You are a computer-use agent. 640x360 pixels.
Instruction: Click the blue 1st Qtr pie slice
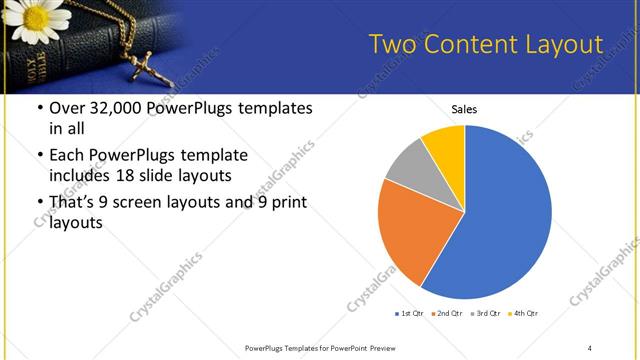(x=505, y=215)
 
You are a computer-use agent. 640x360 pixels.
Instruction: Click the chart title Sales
(x=464, y=108)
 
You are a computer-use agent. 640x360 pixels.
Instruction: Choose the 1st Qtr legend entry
(x=409, y=314)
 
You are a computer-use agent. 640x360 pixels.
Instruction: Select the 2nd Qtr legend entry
(x=447, y=314)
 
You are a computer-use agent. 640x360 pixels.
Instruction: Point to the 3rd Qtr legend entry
(x=485, y=314)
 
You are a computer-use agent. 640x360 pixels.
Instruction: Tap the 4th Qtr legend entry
(x=523, y=314)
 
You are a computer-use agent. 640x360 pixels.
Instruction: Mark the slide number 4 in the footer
(x=589, y=347)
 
